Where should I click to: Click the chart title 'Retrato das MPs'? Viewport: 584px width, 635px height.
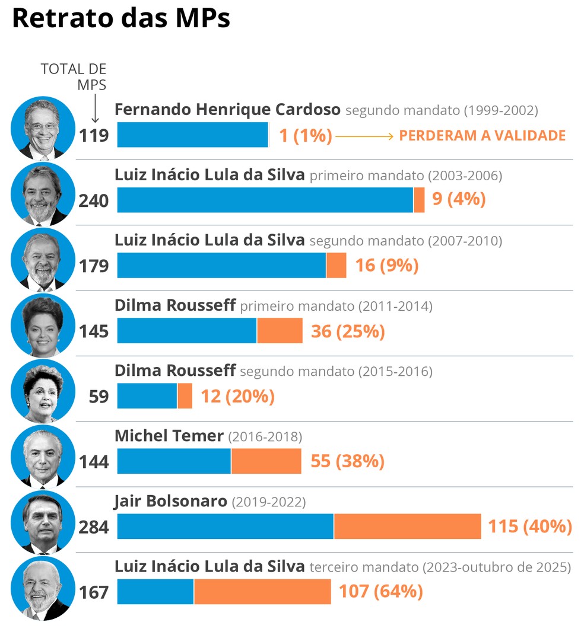pos(121,19)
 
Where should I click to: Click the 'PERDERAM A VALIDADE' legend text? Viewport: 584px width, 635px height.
pos(482,136)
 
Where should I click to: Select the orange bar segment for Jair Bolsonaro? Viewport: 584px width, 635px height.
pos(407,526)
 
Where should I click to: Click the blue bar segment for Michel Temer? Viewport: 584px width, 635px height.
pos(174,461)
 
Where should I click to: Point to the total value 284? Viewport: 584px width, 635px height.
pos(94,526)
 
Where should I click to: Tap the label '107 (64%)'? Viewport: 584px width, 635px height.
pos(380,592)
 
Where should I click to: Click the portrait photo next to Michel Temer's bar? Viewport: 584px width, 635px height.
pos(43,455)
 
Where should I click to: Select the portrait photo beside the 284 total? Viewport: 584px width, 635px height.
pos(43,521)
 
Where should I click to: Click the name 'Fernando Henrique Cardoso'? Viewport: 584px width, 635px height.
pos(227,110)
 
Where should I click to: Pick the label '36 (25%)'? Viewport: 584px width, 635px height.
pos(348,331)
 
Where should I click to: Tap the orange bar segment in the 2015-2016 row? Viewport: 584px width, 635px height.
pos(185,396)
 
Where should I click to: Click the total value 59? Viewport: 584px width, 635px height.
pos(99,396)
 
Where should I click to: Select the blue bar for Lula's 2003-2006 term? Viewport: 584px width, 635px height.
pos(265,200)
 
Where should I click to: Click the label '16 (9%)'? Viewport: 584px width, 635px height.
pos(386,266)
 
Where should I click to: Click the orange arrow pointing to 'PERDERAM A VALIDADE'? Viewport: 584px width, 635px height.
pos(364,136)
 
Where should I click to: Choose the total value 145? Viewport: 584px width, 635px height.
pos(94,331)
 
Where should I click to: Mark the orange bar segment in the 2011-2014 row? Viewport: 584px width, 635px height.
pos(280,331)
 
